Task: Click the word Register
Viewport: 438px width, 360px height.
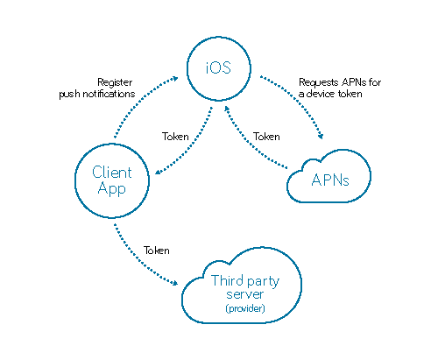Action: [x=115, y=82]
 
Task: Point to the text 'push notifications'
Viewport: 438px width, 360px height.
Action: [x=97, y=94]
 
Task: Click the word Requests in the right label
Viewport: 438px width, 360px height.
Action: [x=319, y=82]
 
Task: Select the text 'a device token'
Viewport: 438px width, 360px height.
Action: [x=330, y=94]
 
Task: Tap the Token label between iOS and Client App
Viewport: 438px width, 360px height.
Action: [x=175, y=137]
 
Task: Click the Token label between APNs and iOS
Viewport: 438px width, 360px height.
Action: [x=266, y=137]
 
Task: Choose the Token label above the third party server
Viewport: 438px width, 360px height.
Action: [x=157, y=251]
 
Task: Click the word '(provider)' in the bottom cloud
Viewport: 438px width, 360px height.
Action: [x=245, y=308]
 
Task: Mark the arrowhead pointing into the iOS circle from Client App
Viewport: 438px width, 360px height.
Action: [x=175, y=78]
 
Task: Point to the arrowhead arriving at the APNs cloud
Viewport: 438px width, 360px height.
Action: [x=321, y=136]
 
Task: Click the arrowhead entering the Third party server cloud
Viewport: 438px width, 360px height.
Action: [x=174, y=283]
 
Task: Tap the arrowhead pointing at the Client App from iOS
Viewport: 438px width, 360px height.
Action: [x=158, y=172]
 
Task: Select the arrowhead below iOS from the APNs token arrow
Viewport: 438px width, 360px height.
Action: [x=227, y=109]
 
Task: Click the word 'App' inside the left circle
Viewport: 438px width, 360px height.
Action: [x=112, y=188]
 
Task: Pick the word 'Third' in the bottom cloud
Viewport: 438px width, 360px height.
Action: [x=227, y=280]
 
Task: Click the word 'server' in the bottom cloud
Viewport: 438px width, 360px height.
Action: [x=244, y=294]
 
